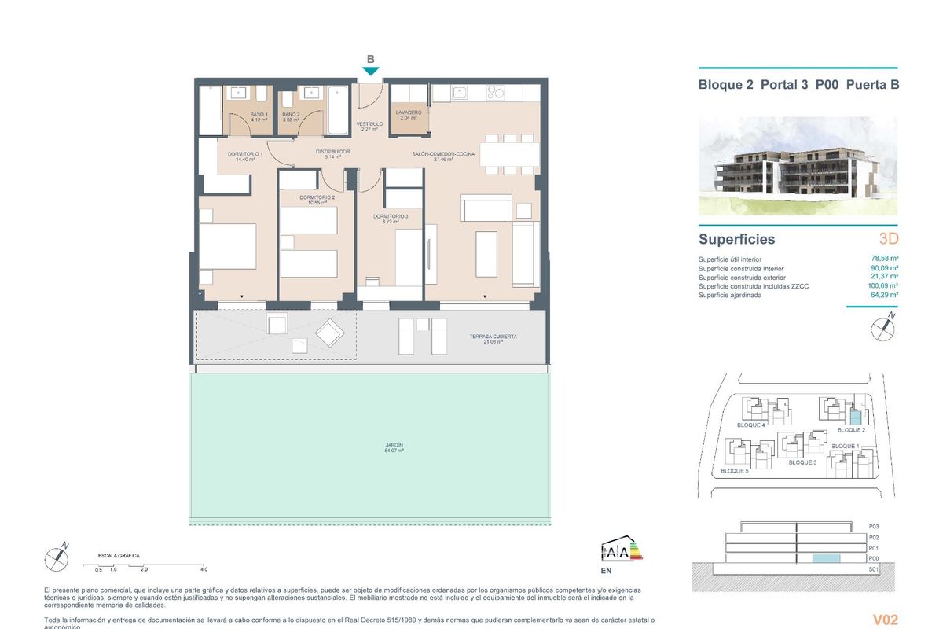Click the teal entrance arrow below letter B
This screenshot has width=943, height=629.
[x=371, y=72]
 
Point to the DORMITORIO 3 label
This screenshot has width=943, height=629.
[x=391, y=218]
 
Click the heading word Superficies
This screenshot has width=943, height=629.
[x=736, y=240]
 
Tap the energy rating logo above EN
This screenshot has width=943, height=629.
[x=621, y=549]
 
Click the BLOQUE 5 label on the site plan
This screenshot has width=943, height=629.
[x=736, y=472]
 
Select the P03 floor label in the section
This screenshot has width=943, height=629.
[x=873, y=526]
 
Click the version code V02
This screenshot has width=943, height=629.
[x=885, y=619]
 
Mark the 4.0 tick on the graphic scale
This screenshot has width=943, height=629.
[x=204, y=568]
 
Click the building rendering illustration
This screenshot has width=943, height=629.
[x=798, y=167]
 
